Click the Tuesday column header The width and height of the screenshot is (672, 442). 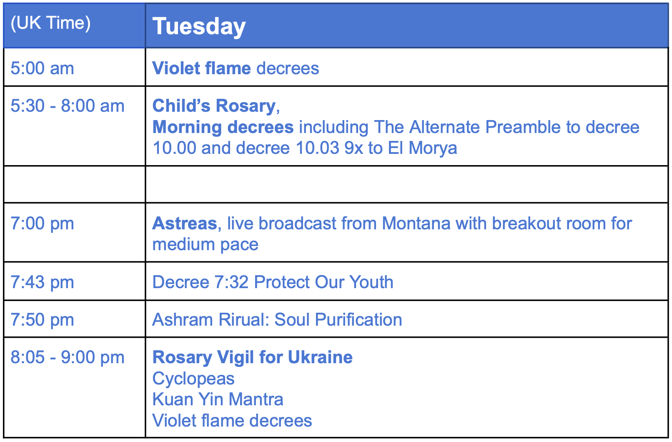[199, 26]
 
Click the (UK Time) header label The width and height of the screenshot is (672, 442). [50, 23]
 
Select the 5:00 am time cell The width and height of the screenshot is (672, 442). [42, 68]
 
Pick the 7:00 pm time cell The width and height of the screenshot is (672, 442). [42, 224]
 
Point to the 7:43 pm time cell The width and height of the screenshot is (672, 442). [42, 282]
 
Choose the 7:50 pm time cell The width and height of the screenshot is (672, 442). [42, 319]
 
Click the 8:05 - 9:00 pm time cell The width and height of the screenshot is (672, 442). [68, 357]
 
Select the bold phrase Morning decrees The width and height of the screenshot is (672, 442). [223, 127]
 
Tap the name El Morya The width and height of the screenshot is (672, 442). [422, 148]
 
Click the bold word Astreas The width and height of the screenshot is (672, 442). [185, 224]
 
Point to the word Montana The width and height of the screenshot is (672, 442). [416, 224]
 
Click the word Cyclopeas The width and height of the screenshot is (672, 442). [193, 379]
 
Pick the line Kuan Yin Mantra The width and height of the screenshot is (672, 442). [218, 399]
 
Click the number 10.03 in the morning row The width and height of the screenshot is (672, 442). [317, 148]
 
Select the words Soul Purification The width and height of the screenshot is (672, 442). [338, 319]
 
